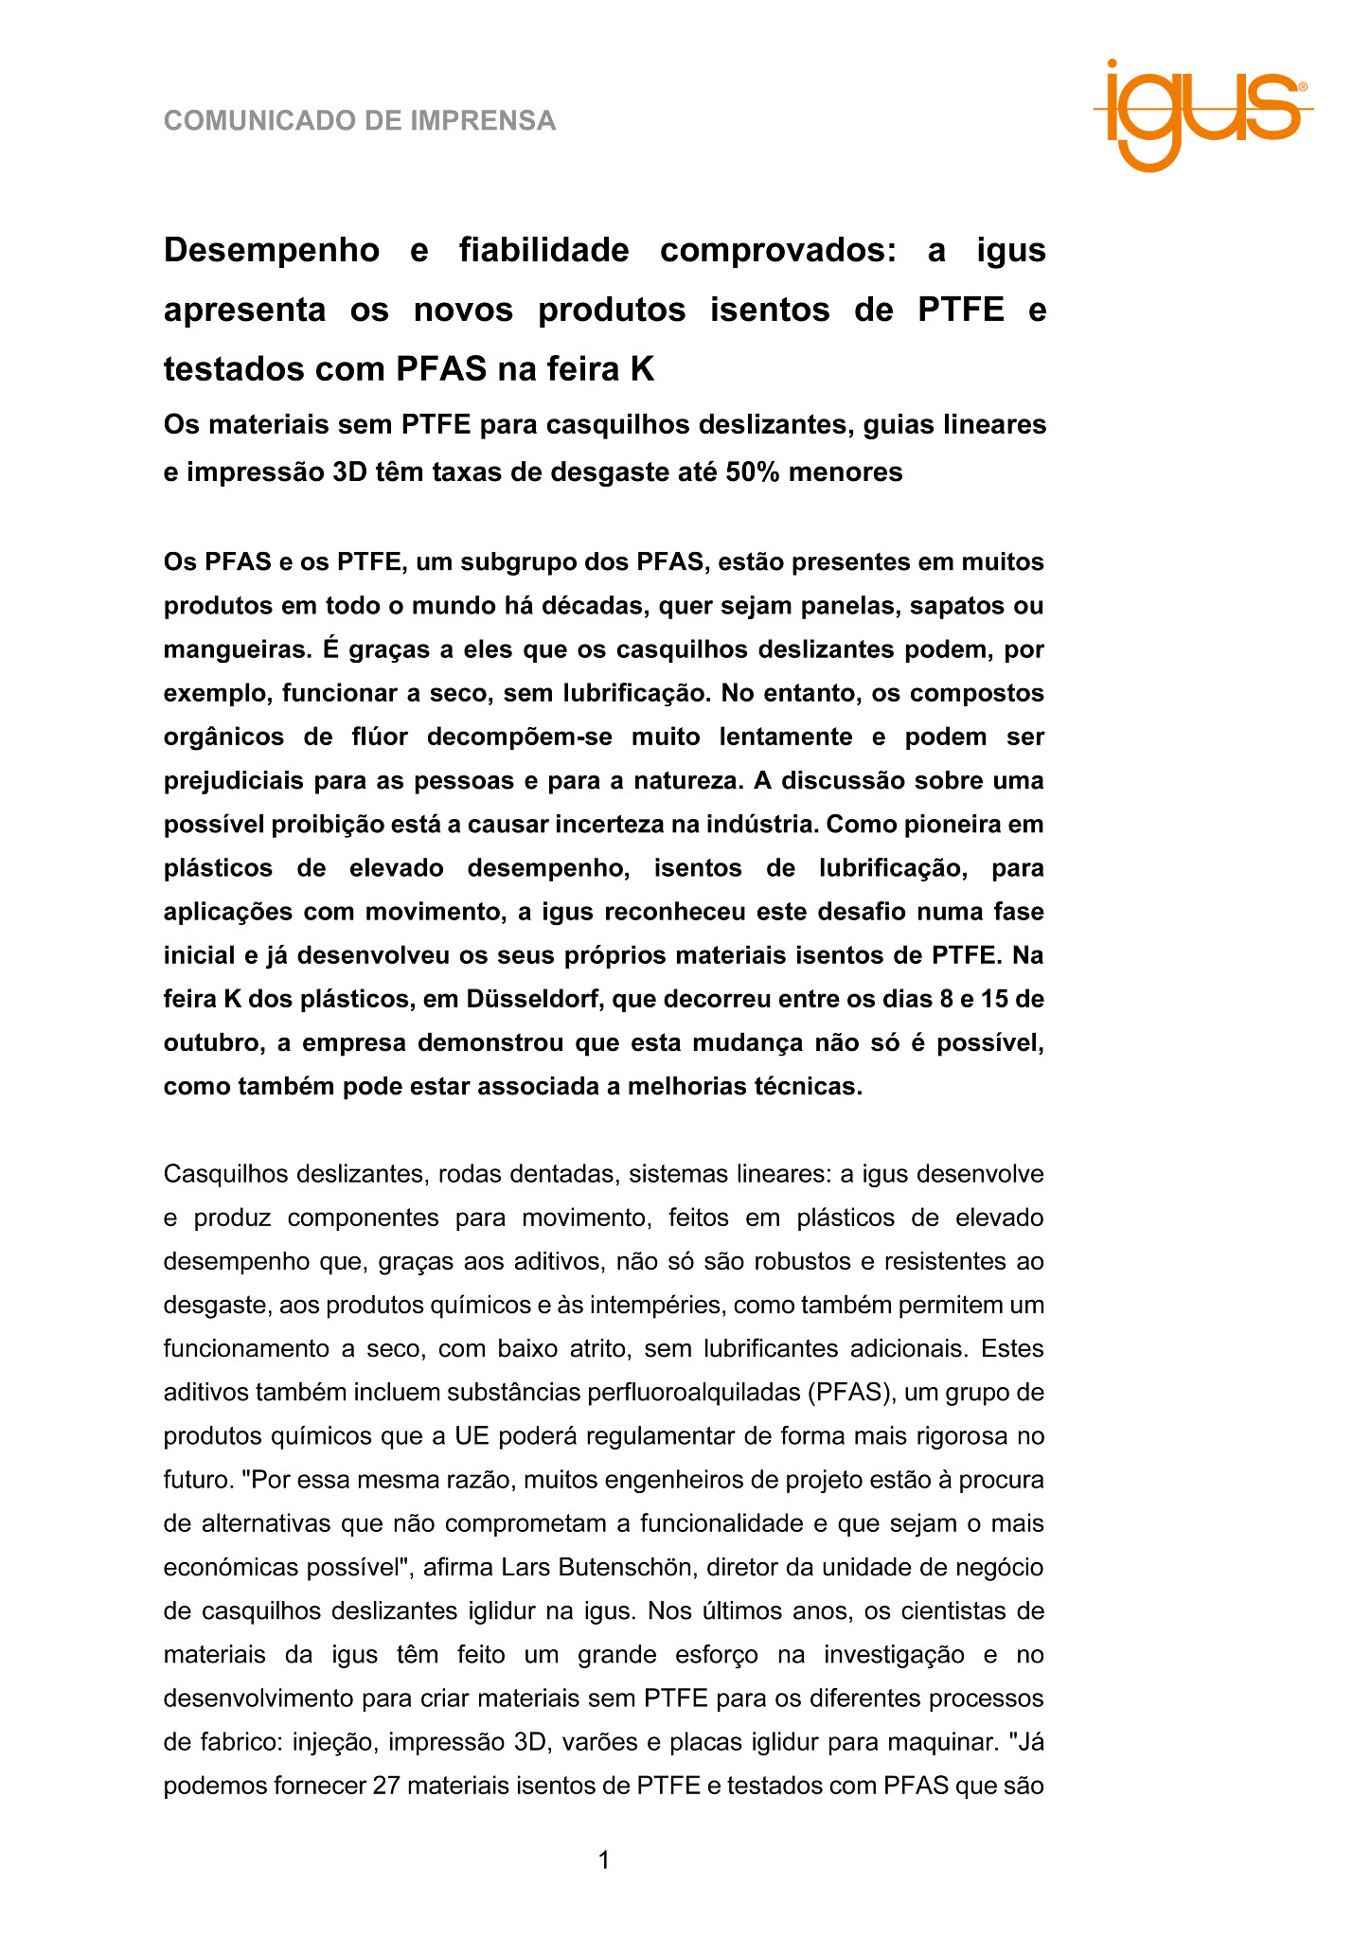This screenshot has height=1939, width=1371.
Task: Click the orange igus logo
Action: [x=1202, y=114]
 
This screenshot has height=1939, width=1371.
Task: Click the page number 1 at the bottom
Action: [x=603, y=1860]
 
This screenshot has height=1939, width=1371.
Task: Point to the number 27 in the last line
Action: [x=388, y=1787]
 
